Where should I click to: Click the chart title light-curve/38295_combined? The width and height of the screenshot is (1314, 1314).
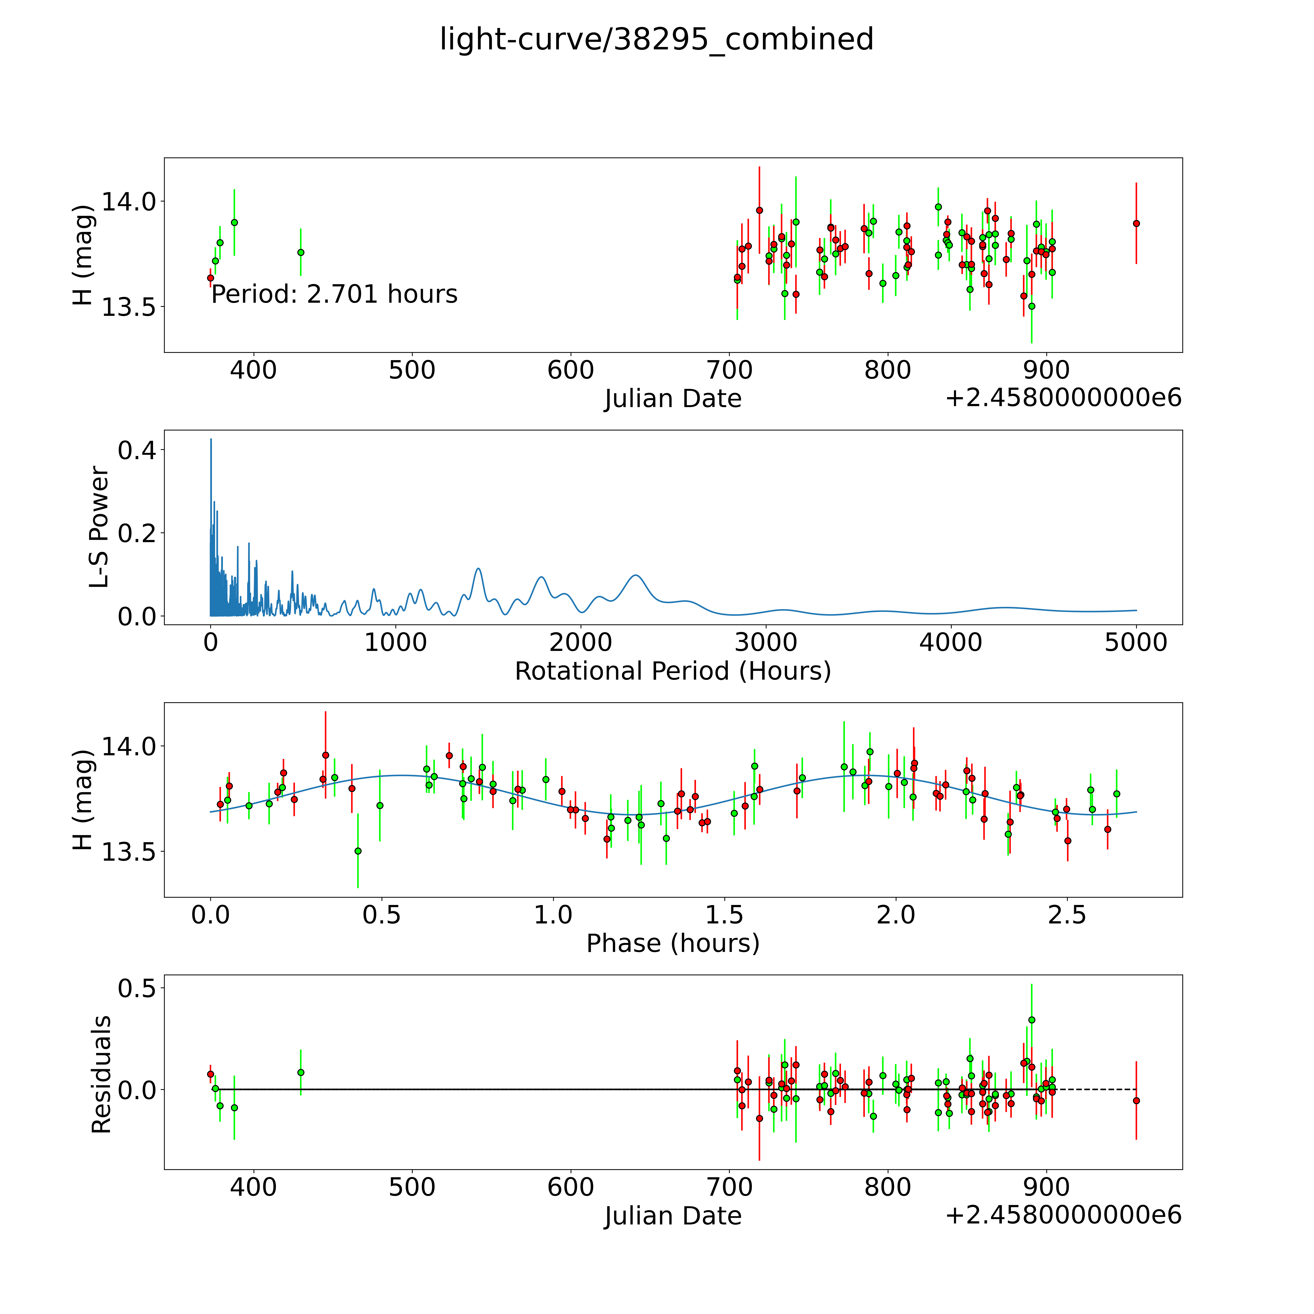pyautogui.click(x=656, y=39)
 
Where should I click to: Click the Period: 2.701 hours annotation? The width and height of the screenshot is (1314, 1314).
pyautogui.click(x=334, y=294)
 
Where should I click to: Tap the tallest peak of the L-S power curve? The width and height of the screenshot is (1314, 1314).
pyautogui.click(x=211, y=439)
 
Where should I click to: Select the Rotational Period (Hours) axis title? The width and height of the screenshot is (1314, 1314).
pyautogui.click(x=673, y=671)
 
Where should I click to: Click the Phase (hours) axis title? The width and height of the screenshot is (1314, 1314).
pyautogui.click(x=673, y=943)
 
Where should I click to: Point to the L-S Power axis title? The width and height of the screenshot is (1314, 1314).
pyautogui.click(x=99, y=527)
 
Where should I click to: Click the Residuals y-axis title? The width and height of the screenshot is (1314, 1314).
pyautogui.click(x=101, y=1075)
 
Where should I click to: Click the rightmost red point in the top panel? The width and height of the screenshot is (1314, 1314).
pyautogui.click(x=1136, y=223)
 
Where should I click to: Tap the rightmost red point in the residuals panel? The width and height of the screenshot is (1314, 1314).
pyautogui.click(x=1136, y=1100)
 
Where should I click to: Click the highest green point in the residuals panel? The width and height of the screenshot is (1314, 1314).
pyautogui.click(x=1032, y=1020)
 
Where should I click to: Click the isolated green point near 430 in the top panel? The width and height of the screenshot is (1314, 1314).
pyautogui.click(x=301, y=252)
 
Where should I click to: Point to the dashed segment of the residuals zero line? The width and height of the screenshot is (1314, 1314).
pyautogui.click(x=1095, y=1090)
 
